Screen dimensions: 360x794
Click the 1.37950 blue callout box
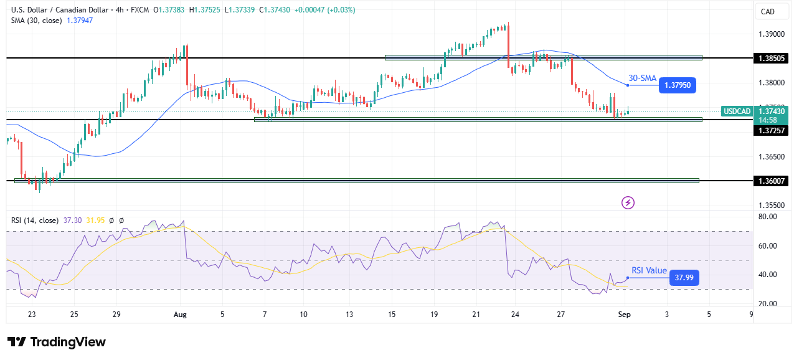click(x=677, y=85)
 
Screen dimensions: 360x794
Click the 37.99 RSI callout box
click(x=684, y=278)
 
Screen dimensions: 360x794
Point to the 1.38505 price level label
click(x=771, y=58)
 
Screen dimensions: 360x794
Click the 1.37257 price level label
click(x=771, y=130)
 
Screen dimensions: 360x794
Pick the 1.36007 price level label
click(x=771, y=181)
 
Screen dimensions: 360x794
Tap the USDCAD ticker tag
click(x=736, y=111)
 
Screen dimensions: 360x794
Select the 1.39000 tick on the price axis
click(x=771, y=34)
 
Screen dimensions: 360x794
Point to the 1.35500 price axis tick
click(x=771, y=205)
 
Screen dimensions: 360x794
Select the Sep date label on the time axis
click(x=625, y=315)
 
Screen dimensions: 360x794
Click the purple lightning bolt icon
click(x=628, y=202)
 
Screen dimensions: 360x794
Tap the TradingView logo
click(x=57, y=342)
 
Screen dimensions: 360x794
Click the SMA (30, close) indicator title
click(x=35, y=20)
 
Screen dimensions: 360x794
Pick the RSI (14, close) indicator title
click(x=35, y=220)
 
